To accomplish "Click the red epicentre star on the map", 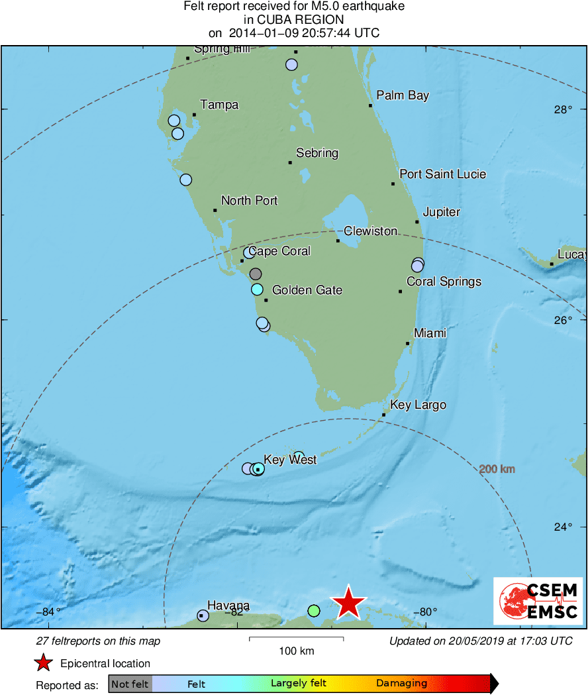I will [348, 603].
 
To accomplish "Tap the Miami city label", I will [430, 333].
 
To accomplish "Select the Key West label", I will [290, 459].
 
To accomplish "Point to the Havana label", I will [228, 605].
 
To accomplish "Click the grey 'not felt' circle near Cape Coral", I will [256, 274].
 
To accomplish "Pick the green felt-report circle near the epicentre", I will [314, 610].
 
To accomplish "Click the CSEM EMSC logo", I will [538, 601].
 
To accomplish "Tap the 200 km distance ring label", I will [497, 469].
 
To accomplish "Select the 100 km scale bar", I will [296, 639].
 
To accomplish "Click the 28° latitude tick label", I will [563, 109].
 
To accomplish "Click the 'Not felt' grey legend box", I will [130, 684].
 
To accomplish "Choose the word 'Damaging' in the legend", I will [401, 683].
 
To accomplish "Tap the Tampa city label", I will [219, 105].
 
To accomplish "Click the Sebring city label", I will [317, 153].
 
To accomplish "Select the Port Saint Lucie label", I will [442, 174].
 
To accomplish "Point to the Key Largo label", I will [418, 405].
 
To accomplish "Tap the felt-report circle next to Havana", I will [203, 615].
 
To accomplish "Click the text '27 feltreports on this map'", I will [97, 641].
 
